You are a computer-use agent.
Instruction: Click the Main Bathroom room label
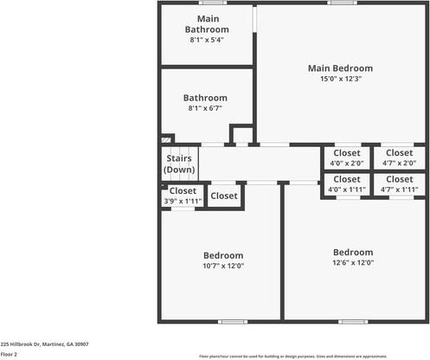click(x=207, y=24)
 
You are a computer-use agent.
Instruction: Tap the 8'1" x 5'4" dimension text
click(x=207, y=40)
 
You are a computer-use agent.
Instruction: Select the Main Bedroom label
click(x=340, y=68)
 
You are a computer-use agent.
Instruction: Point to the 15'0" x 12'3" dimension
click(x=340, y=79)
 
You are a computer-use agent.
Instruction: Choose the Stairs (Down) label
click(x=179, y=164)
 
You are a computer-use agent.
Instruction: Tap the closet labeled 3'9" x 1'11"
click(x=183, y=196)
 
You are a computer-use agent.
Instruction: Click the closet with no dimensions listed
click(x=224, y=196)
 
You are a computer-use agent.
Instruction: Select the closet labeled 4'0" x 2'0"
click(x=347, y=157)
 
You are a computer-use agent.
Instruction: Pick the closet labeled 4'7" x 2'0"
click(x=399, y=157)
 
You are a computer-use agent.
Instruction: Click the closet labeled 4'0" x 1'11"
click(x=347, y=184)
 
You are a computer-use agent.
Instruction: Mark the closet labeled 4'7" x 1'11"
click(x=399, y=184)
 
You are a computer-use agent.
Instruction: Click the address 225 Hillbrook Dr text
click(x=44, y=344)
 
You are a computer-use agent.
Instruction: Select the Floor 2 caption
click(x=9, y=354)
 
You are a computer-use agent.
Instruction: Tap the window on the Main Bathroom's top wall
click(x=212, y=3)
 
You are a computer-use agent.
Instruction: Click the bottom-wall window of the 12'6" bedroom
click(x=352, y=322)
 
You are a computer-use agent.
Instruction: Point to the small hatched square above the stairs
click(x=167, y=138)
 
